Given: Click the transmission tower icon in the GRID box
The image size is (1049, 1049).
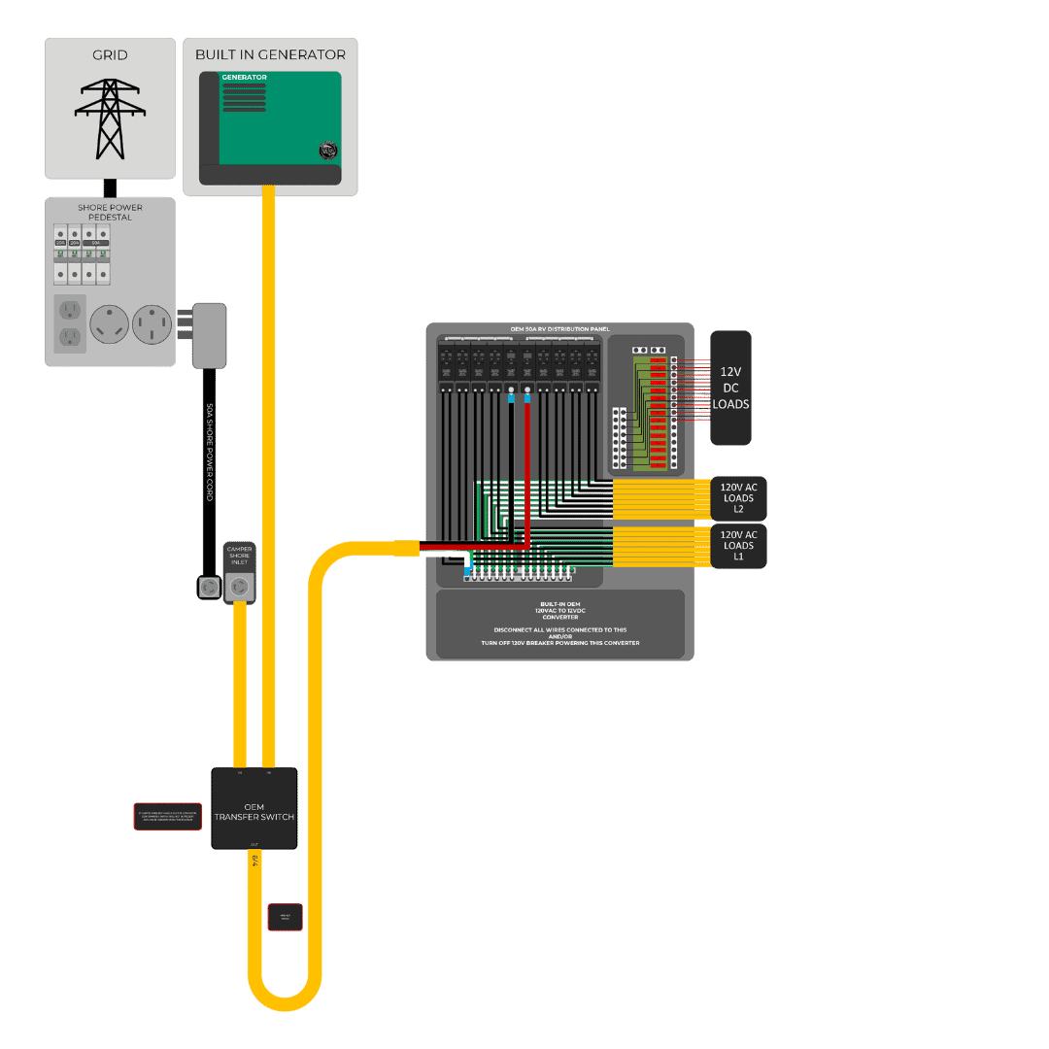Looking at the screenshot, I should point(110,118).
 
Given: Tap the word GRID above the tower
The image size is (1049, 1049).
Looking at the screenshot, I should point(110,55).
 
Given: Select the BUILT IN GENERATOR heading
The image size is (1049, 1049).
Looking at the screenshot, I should point(270,54).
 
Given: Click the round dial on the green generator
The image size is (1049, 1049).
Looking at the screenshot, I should point(328,151).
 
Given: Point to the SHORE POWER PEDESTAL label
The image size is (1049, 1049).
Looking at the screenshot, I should point(110,212).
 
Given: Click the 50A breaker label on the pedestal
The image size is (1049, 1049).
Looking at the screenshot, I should point(95,243).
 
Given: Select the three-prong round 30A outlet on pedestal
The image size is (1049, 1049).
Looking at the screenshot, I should point(110,323).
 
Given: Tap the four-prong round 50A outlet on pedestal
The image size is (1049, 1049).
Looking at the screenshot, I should point(152,323).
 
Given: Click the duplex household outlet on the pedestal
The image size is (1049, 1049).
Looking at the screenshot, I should point(69,323).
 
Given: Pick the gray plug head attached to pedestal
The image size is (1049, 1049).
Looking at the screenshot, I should point(209,335).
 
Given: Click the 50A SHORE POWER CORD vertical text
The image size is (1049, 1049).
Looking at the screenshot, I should point(209,453).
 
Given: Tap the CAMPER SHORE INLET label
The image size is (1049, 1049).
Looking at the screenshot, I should point(239,556).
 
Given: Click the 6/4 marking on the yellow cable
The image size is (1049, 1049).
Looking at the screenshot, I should point(254,861).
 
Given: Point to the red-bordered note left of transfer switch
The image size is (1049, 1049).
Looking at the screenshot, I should point(168,817).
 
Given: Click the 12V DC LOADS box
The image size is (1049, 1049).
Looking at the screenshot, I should point(730,388).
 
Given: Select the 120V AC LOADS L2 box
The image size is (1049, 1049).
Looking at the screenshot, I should point(738,498).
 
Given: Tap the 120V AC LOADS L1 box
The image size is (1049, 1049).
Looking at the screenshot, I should point(738,546).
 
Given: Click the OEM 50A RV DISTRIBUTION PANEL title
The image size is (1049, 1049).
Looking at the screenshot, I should point(559,329).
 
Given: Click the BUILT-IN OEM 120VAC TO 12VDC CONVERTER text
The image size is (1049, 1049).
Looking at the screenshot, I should point(559,610).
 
